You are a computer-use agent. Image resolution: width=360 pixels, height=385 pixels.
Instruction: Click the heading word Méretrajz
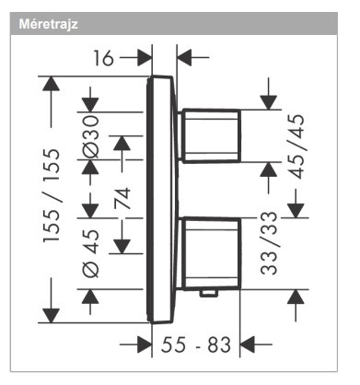(49, 24)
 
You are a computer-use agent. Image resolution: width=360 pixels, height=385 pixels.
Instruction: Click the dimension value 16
(104, 58)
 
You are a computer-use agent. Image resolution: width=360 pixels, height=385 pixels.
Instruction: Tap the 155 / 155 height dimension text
(52, 196)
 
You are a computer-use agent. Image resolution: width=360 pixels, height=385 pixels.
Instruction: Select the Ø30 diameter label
(91, 136)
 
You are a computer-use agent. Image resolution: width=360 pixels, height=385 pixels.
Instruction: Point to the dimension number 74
(122, 199)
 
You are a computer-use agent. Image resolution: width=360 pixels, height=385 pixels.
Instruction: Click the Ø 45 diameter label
(91, 253)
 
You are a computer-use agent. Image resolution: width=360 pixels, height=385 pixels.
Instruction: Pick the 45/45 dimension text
(297, 146)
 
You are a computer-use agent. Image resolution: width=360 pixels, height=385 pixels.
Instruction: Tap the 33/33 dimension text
(269, 242)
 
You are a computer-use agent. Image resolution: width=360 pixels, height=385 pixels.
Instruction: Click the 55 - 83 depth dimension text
(196, 344)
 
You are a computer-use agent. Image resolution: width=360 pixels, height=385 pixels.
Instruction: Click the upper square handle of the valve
(211, 135)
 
